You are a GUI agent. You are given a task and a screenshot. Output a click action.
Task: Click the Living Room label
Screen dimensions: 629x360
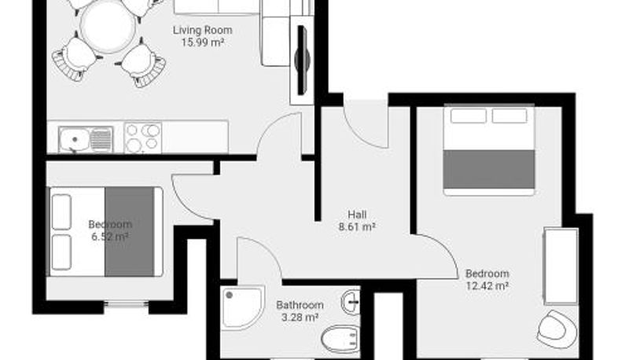pyautogui.click(x=203, y=30)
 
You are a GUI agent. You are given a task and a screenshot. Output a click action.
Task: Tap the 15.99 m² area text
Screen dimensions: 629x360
pyautogui.click(x=203, y=42)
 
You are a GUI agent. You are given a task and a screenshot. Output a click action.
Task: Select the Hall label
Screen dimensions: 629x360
pyautogui.click(x=357, y=215)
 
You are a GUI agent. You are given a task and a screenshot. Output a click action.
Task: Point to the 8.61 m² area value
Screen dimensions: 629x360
pyautogui.click(x=357, y=227)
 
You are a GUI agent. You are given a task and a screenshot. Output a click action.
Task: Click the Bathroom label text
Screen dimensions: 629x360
pyautogui.click(x=300, y=305)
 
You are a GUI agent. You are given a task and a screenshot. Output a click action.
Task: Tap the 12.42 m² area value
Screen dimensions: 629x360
pyautogui.click(x=487, y=286)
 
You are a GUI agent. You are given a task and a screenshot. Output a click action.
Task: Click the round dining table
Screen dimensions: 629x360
pyautogui.click(x=108, y=26)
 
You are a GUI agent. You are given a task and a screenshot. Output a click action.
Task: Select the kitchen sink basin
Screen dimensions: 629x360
pyautogui.click(x=75, y=139)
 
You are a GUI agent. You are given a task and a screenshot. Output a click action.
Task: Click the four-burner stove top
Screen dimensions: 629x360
pyautogui.click(x=142, y=138)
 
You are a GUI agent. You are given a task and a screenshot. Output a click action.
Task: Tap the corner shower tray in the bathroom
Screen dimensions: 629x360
pyautogui.click(x=242, y=307)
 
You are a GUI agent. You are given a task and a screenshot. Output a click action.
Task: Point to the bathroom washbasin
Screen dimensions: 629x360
pyautogui.click(x=350, y=302)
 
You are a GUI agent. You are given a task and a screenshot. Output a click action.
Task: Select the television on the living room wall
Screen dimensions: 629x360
pyautogui.click(x=302, y=60)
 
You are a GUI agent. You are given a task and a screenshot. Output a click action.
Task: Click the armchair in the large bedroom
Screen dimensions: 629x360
pyautogui.click(x=557, y=329)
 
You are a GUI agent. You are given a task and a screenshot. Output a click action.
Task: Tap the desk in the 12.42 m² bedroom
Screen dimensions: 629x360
pyautogui.click(x=561, y=266)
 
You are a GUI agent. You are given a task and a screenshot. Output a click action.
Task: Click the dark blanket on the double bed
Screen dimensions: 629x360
pyautogui.click(x=489, y=169)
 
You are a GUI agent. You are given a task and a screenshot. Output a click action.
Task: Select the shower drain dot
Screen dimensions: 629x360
pyautogui.click(x=229, y=296)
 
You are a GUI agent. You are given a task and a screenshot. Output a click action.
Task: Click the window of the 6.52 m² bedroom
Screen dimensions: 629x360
pyautogui.click(x=127, y=305)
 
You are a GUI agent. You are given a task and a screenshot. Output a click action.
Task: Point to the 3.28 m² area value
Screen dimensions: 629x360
pyautogui.click(x=300, y=318)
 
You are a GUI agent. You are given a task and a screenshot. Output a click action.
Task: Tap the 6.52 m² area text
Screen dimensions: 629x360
pyautogui.click(x=110, y=237)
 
